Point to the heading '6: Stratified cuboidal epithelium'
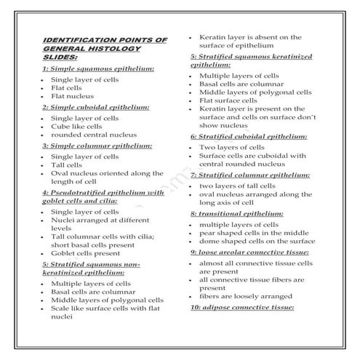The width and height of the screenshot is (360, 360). pos(249,136)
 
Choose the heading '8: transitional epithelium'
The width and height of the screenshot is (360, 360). pos(237,214)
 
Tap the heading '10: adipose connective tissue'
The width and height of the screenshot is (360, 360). pos(242,308)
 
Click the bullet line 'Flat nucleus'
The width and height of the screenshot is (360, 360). pos(73,96)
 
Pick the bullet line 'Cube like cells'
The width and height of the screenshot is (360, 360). pos(76,126)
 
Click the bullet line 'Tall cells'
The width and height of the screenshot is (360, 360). pos(67,165)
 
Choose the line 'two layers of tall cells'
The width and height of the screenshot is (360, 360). pos(237,186)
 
